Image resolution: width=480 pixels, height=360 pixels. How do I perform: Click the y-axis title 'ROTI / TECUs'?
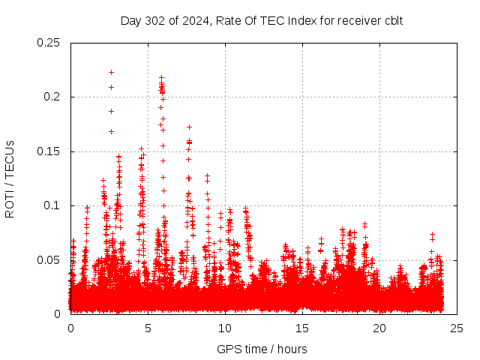pos(10,178)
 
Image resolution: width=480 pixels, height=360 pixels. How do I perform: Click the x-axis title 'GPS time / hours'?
pos(262,349)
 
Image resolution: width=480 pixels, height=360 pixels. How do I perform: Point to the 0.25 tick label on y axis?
pos(49,43)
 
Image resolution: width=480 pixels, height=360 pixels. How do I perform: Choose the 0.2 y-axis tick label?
pos(52,97)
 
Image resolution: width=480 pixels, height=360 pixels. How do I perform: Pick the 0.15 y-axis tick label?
pos(49,151)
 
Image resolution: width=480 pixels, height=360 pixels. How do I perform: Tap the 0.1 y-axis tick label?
pos(52,205)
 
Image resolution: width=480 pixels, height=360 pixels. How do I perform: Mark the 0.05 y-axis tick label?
pos(49,259)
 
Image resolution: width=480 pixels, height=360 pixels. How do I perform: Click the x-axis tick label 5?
pos(148,328)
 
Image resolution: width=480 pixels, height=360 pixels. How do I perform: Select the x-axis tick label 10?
pos(225,328)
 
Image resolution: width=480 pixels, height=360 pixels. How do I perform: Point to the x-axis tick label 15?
pos(302,328)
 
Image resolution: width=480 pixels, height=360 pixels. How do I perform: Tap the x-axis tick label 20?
pos(379,328)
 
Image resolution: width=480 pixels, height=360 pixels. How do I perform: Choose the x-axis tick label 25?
pos(457,328)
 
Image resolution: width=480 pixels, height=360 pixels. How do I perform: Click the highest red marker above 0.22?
pos(111,72)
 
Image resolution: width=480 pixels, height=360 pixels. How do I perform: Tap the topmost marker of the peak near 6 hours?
pos(161,77)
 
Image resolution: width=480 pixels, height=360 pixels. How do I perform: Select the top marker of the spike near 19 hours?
pos(364,223)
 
